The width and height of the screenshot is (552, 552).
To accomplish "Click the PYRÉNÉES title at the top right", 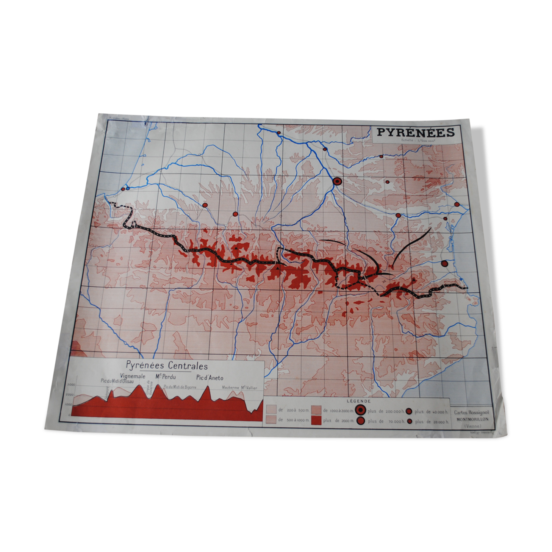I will pos(415,132).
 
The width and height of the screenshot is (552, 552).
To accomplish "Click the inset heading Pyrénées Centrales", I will pos(167,366).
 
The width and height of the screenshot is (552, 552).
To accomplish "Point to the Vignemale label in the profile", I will pos(133,376).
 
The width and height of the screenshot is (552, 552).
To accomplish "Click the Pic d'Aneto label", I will pos(210,378).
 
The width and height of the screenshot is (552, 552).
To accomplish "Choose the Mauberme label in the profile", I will pos(230,388).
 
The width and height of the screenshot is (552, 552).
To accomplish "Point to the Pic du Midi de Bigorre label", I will pos(180,387).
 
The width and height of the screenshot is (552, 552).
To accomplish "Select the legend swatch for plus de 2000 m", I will pos(316,420).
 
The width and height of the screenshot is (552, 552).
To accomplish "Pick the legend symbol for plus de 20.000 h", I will pos(410,421).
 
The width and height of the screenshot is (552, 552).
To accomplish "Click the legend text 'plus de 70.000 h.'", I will pos(386,421).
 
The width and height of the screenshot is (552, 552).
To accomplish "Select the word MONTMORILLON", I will pos(472,419).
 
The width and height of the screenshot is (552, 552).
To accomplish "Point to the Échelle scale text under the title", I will pos(418,141).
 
